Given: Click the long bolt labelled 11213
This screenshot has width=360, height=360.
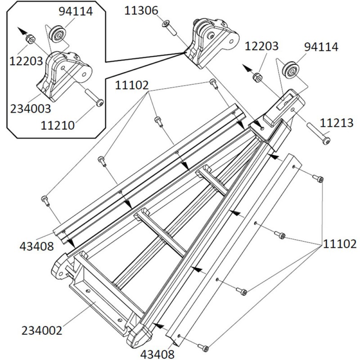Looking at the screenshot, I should tap(319, 132).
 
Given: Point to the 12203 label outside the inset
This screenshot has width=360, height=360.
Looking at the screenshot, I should tap(262, 46).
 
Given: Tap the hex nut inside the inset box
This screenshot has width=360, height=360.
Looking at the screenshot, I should tap(29, 39).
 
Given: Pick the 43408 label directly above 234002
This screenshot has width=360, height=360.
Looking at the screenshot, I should tap(38, 246).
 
